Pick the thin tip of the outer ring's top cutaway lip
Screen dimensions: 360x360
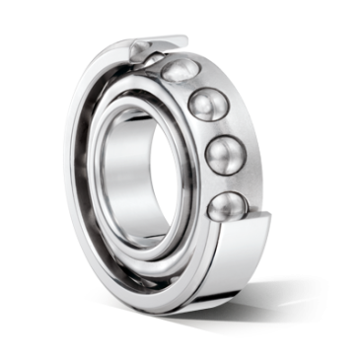pyautogui.click(x=187, y=36)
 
